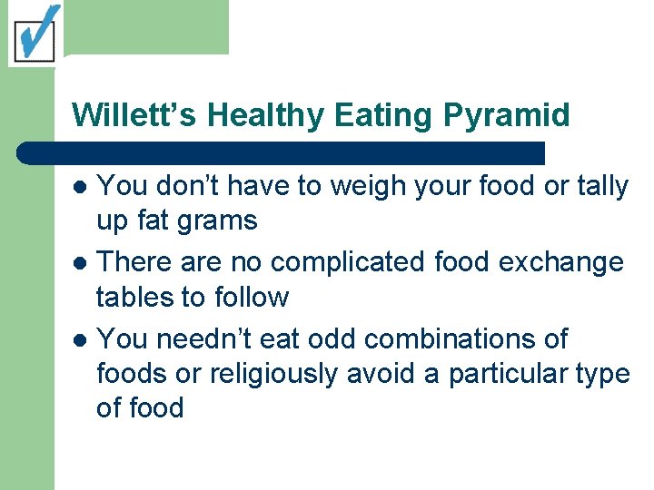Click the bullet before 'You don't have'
pyautogui.click(x=80, y=188)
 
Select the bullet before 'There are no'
pyautogui.click(x=80, y=264)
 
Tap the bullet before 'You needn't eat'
pyautogui.click(x=80, y=340)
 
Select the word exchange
pyautogui.click(x=562, y=263)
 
